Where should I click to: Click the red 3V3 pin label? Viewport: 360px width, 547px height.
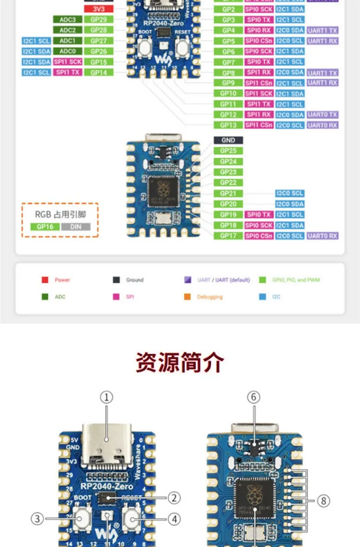(x=98, y=9)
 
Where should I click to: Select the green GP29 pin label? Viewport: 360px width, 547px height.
(x=98, y=20)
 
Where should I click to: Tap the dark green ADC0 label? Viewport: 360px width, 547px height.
(x=67, y=52)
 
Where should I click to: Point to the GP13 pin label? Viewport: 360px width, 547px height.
(x=228, y=125)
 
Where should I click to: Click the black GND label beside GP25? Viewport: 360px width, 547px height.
(x=228, y=140)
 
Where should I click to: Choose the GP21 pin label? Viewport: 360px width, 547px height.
(x=228, y=194)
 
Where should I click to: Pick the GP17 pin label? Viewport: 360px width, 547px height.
(x=228, y=236)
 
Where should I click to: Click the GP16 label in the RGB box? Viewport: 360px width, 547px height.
(x=45, y=227)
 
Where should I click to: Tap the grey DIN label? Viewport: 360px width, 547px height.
(x=76, y=227)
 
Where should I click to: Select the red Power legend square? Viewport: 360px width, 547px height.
(x=45, y=280)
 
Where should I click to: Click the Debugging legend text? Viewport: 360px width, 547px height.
(x=210, y=297)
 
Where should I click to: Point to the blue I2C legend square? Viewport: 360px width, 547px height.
(x=262, y=297)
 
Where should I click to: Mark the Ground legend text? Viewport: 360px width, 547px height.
(x=134, y=280)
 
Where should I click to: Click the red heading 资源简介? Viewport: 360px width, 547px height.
(x=180, y=363)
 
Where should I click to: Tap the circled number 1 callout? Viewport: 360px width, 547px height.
(x=106, y=397)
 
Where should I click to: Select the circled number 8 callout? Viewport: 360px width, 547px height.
(x=323, y=501)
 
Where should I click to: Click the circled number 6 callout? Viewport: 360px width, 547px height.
(x=254, y=397)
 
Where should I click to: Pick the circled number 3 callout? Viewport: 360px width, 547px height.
(x=37, y=518)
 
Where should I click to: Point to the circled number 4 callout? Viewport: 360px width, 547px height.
(x=174, y=518)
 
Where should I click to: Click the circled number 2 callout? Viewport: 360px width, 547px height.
(x=174, y=497)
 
